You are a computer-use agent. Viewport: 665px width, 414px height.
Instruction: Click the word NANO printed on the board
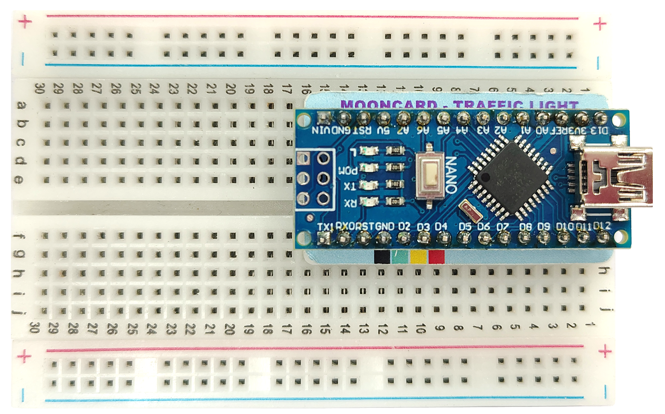point(451,175)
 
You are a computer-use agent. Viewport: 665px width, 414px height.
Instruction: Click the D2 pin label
point(404,226)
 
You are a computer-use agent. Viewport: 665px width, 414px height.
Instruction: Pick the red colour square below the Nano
point(436,257)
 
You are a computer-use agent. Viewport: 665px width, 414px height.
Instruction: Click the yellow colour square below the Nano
point(418,257)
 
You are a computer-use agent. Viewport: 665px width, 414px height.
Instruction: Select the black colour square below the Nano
point(382,257)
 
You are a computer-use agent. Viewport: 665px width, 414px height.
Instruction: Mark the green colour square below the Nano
point(400,257)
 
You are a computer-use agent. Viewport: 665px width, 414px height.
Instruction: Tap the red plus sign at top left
point(25,21)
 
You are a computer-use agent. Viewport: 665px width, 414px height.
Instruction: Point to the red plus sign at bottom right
point(605,351)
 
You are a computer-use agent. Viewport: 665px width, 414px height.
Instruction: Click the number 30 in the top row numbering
point(39,89)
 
